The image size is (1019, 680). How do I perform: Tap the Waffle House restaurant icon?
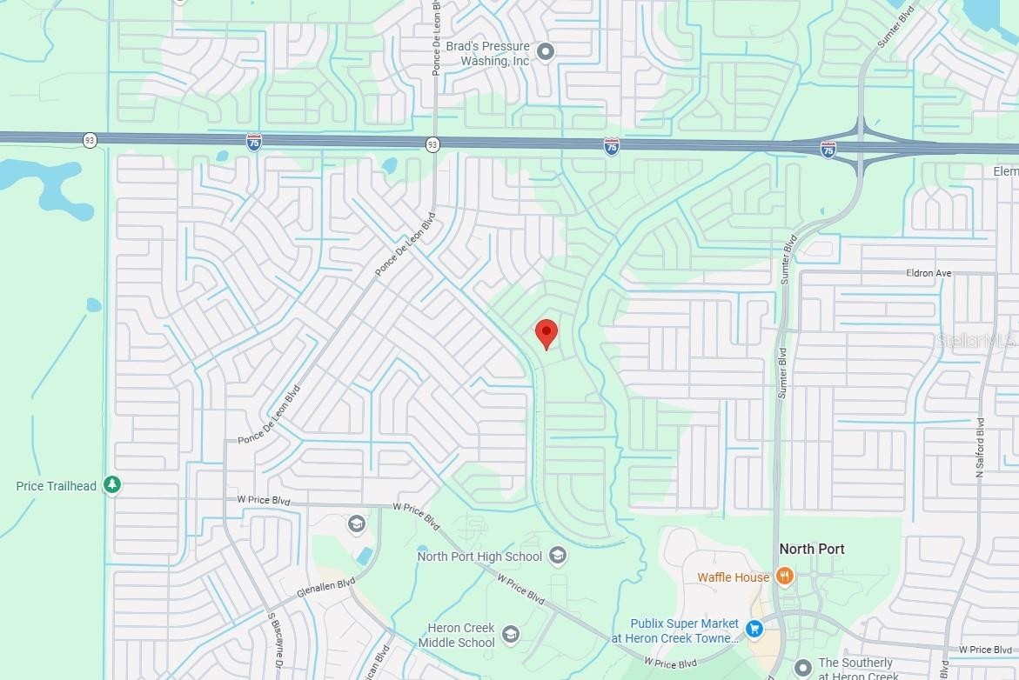(x=784, y=576)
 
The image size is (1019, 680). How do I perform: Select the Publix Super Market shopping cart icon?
(x=754, y=627)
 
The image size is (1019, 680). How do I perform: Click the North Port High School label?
(x=479, y=557)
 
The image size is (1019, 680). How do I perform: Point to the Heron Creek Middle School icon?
(x=511, y=635)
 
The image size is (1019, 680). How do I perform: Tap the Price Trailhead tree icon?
(x=111, y=485)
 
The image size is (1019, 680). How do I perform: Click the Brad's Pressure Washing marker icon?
(x=546, y=53)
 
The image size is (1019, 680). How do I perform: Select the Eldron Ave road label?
(x=929, y=273)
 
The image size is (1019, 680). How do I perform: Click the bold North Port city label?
(x=811, y=549)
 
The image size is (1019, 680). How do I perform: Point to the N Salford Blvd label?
(x=979, y=448)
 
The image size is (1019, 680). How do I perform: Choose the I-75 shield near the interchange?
(x=828, y=150)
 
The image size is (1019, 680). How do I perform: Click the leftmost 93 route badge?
(x=90, y=139)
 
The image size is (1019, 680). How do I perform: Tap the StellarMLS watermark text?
(x=976, y=340)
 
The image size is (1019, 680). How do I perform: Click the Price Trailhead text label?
(x=57, y=486)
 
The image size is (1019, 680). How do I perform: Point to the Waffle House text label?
(x=733, y=577)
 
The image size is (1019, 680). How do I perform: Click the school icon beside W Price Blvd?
(x=355, y=523)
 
